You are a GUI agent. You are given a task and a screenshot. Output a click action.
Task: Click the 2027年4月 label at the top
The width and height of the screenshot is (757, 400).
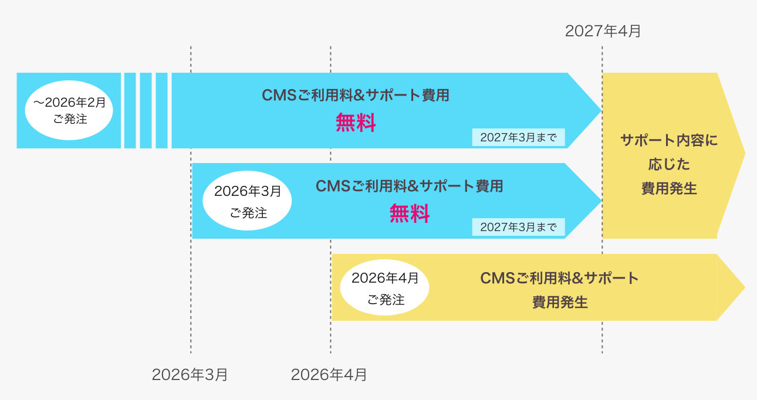pyautogui.click(x=603, y=31)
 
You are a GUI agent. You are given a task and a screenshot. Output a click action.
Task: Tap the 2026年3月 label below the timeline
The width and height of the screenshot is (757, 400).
pyautogui.click(x=190, y=375)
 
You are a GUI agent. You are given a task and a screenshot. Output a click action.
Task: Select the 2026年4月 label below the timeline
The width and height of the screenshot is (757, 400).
pyautogui.click(x=329, y=375)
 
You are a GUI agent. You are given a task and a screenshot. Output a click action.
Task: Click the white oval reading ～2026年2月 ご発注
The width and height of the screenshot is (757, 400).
pyautogui.click(x=69, y=110)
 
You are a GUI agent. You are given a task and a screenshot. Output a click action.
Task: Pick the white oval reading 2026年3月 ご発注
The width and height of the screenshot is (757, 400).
pyautogui.click(x=247, y=201)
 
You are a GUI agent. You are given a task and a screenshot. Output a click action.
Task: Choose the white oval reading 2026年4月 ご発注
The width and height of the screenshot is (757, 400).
pyautogui.click(x=385, y=288)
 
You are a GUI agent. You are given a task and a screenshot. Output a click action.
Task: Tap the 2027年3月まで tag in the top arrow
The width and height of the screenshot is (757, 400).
pyautogui.click(x=518, y=138)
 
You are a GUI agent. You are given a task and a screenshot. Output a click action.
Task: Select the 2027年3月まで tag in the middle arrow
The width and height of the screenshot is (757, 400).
pyautogui.click(x=518, y=228)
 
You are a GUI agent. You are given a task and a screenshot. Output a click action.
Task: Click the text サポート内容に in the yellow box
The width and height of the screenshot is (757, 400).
pyautogui.click(x=669, y=141)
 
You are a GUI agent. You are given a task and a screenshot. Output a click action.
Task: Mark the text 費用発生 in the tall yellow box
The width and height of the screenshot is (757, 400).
pyautogui.click(x=669, y=189)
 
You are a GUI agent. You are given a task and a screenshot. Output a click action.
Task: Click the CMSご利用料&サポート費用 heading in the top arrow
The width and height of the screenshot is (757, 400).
pyautogui.click(x=356, y=95)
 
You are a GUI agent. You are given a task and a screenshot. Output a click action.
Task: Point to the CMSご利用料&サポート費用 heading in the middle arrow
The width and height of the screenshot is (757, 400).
pyautogui.click(x=410, y=186)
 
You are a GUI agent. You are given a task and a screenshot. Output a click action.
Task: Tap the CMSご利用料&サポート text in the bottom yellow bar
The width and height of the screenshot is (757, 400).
pyautogui.click(x=559, y=278)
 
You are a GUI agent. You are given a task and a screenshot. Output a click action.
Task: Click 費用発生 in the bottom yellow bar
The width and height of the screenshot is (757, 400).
pyautogui.click(x=560, y=303)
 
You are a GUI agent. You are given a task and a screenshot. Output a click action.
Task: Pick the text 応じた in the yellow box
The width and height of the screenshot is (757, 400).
pyautogui.click(x=669, y=165)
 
